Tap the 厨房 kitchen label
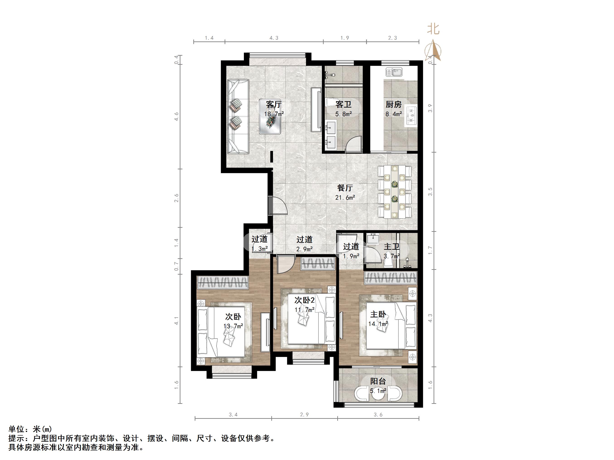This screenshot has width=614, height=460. [x=393, y=105]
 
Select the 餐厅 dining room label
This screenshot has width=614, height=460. [x=345, y=188]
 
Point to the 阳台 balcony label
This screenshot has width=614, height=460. [x=378, y=381]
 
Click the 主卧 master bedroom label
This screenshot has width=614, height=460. [x=378, y=314]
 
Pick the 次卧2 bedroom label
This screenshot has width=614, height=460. [x=304, y=300]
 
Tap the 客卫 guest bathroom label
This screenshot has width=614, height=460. [x=343, y=105]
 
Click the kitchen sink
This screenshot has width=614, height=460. [x=394, y=72]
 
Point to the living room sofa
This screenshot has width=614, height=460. [x=238, y=116]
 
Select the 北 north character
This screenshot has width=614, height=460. [x=433, y=29]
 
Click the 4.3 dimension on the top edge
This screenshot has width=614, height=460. [x=274, y=38]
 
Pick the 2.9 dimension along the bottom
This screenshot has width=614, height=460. [x=304, y=415]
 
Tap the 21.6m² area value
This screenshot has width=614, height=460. [x=345, y=198]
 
